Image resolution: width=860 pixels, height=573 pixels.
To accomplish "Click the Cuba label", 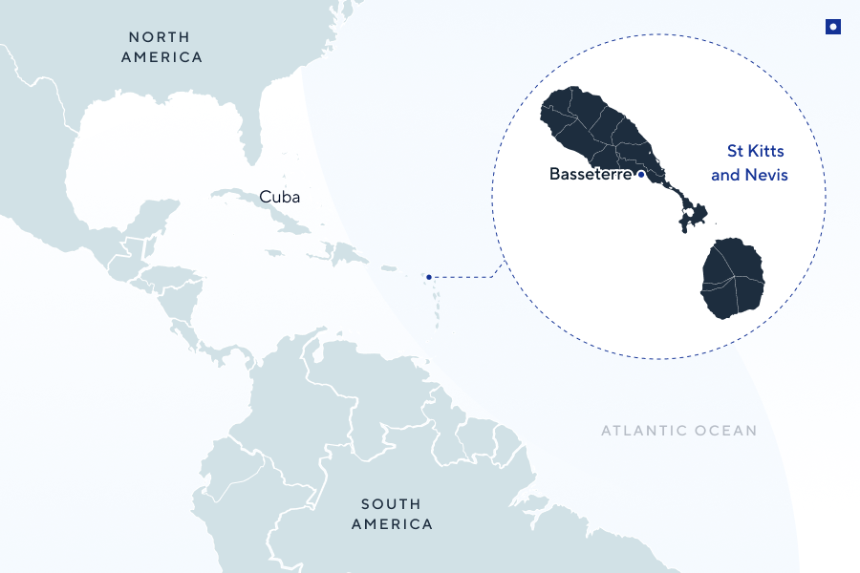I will tap(279, 198).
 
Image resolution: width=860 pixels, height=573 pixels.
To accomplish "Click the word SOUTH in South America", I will tap(391, 504).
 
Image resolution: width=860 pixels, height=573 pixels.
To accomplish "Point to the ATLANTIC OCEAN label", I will tap(678, 431).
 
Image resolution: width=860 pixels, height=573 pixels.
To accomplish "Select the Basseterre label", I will tap(591, 175).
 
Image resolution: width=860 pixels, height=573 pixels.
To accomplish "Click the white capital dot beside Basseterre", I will tap(641, 175).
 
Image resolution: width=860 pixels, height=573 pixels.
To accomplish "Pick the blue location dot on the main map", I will tap(429, 277).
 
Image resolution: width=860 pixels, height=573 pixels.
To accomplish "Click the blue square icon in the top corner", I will tap(833, 28).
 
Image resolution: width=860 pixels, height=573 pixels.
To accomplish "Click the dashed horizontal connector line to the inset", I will tap(463, 277).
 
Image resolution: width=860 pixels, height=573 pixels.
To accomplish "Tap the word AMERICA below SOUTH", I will tap(391, 524).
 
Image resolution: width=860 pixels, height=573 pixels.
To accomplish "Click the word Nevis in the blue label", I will tap(770, 176).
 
